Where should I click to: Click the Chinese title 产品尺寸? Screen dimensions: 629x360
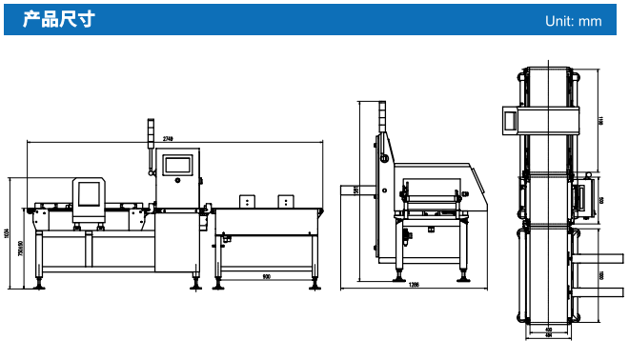58,19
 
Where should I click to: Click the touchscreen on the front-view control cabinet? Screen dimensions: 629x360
178,164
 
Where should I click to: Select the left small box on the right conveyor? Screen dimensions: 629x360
247,201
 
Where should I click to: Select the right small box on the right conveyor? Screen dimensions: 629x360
284,201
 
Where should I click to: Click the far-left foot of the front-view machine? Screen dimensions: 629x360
39,283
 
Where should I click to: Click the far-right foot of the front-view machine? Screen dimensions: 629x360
314,283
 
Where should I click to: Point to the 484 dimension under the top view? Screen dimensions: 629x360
548,335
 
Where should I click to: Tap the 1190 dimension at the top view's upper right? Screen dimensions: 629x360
601,120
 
